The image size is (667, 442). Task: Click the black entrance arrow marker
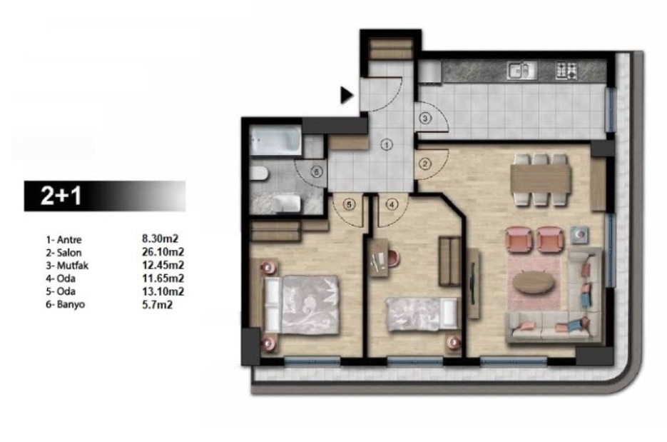347,95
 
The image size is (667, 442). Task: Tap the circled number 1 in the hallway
387,145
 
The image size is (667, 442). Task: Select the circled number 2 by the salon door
425,163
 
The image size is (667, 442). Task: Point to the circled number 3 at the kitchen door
426,118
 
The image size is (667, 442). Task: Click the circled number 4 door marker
392,204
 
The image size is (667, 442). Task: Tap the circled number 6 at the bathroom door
316,172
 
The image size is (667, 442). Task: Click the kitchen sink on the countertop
522,71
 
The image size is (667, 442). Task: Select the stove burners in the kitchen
567,71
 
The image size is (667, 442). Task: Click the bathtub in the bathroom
275,140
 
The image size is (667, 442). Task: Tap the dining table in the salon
540,179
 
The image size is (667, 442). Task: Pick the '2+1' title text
61,196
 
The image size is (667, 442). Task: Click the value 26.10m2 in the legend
163,252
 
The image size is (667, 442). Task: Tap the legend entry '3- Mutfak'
67,266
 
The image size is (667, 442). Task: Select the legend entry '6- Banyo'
66,304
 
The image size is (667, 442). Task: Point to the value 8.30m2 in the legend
160,239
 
